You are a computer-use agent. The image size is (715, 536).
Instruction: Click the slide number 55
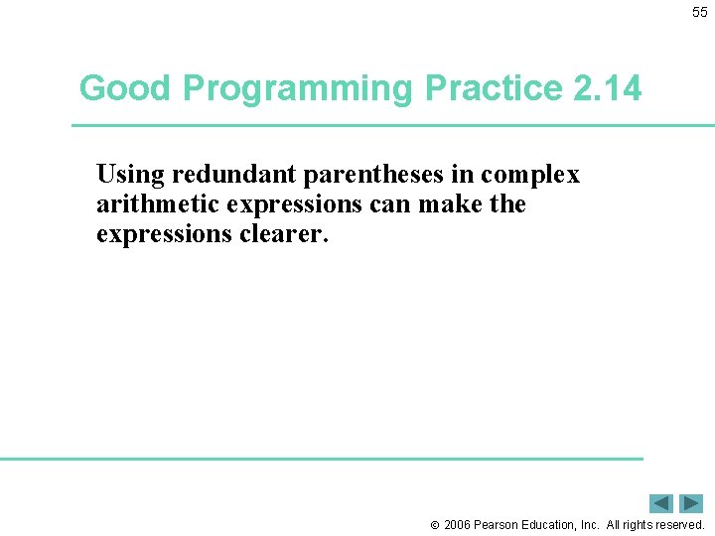click(700, 12)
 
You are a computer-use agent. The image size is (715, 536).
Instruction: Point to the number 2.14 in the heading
click(607, 88)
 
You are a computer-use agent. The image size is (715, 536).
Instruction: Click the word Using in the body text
click(131, 176)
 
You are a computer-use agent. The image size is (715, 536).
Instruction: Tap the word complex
click(530, 176)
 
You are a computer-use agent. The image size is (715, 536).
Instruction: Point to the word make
click(460, 204)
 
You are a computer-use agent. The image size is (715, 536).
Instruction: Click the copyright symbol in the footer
click(434, 525)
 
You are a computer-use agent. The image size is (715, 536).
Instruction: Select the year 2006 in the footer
click(457, 524)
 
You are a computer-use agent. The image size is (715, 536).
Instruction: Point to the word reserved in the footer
click(677, 524)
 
